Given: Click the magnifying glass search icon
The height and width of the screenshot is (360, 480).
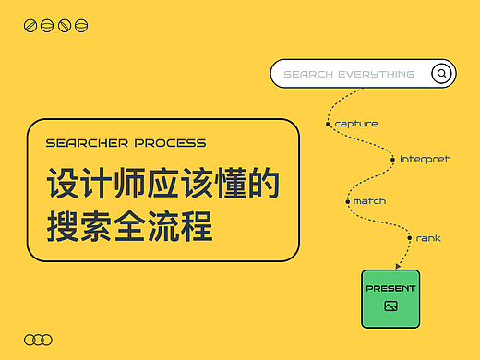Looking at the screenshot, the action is point(442,74).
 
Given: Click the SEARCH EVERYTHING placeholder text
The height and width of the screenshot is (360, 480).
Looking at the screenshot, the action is point(349,74).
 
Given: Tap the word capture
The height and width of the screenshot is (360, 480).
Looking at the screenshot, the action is point(356,124).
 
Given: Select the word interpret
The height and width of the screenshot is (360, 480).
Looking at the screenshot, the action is point(425,159).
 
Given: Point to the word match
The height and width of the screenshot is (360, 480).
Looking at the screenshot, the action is point(369,200).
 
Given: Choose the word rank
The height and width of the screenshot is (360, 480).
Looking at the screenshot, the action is point(428,238).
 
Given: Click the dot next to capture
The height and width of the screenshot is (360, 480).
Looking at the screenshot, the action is point(328,123).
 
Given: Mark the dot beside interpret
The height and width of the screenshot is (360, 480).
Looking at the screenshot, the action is point(392,159).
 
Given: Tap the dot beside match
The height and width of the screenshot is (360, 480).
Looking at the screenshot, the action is point(346,200).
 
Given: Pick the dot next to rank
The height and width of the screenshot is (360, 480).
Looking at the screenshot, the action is point(409,238).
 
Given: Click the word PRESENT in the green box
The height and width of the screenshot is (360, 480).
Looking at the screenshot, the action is point(390,288).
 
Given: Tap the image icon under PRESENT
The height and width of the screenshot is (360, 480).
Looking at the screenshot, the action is point(390,306).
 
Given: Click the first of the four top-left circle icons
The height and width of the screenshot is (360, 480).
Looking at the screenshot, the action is point(30,25).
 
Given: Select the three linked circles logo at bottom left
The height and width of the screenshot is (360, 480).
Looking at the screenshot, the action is point(38,340).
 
